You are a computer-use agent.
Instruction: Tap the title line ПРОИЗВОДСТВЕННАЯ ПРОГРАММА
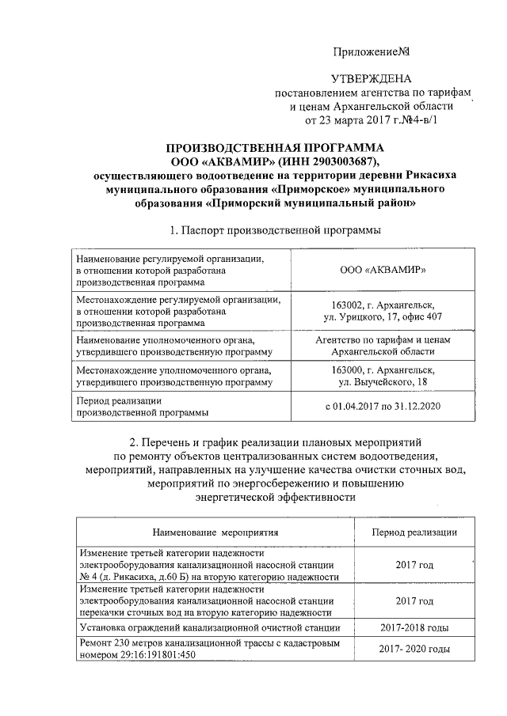[275, 148]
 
